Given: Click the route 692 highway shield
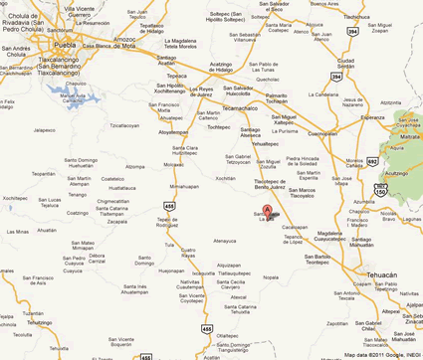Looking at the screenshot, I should (371, 160).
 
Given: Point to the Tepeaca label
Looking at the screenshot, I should (176, 76).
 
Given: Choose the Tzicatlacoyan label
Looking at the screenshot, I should (124, 126).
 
